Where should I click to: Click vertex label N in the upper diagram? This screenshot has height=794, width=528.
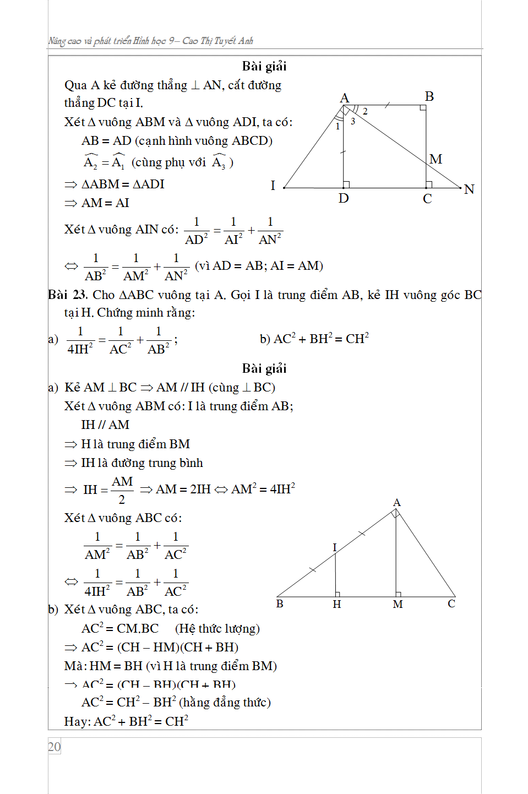point(469,189)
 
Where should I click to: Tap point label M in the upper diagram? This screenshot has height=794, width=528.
point(436,159)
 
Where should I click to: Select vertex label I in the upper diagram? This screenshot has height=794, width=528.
point(273,186)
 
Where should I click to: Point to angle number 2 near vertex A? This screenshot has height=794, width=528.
point(365,112)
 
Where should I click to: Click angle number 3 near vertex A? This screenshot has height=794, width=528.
point(353,121)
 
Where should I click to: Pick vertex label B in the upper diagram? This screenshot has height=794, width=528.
point(429,96)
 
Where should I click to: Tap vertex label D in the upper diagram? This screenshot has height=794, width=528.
point(344,198)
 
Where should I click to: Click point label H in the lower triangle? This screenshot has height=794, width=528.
point(337,604)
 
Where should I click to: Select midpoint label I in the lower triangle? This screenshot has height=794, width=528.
point(334,547)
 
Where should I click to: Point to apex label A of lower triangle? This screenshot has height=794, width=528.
point(397,502)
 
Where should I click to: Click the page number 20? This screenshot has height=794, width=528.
point(54,747)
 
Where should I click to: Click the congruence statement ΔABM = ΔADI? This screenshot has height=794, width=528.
point(122,184)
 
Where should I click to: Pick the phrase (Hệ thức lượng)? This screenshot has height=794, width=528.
point(217,628)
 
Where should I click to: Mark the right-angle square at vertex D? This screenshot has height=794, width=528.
point(346,184)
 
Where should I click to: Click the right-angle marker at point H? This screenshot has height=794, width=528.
point(338,594)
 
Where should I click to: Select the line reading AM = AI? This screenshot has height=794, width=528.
point(105,203)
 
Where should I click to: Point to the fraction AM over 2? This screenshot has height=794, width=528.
point(122,490)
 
